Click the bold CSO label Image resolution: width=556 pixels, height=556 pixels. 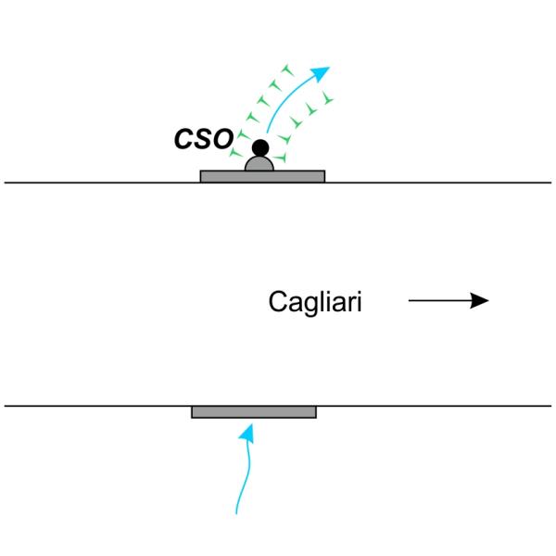pos(203,140)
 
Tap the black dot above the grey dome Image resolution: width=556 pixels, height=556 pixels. pos(260,147)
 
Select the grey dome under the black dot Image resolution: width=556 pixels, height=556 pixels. pos(259,164)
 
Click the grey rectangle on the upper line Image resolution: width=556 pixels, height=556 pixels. pos(222,175)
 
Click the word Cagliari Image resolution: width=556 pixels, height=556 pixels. pos(315,302)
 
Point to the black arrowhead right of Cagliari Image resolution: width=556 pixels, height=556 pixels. pos(479,300)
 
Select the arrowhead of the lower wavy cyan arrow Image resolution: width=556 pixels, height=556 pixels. pos(247,430)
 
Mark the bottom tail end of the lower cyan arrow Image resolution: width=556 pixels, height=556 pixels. pos(238,511)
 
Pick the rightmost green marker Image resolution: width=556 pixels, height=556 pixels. pos(329,97)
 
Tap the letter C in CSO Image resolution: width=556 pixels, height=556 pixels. pos(185,140)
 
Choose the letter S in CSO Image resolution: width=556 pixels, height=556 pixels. pos(202,140)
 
